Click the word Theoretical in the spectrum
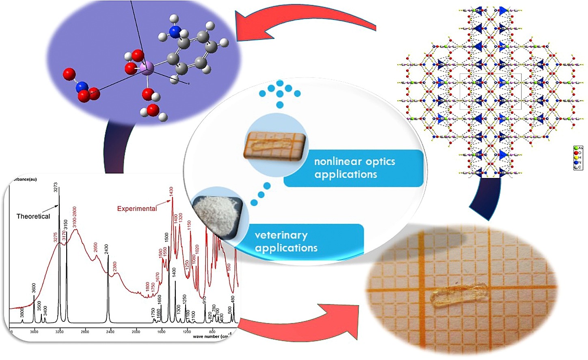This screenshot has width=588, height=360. pyautogui.click(x=33, y=217)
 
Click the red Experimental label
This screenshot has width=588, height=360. pyautogui.click(x=137, y=209)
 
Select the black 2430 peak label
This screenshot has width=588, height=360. pyautogui.click(x=106, y=249)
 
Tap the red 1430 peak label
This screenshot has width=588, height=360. pyautogui.click(x=171, y=192)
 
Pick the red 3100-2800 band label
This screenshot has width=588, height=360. pyautogui.click(x=75, y=217)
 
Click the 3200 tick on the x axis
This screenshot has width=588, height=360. pyautogui.click(x=59, y=332)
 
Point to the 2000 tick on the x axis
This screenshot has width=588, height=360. pyautogui.click(x=136, y=332)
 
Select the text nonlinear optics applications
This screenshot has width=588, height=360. pyautogui.click(x=354, y=168)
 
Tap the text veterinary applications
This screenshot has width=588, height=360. pyautogui.click(x=286, y=241)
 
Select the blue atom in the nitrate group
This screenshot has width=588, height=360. pyautogui.click(x=82, y=87)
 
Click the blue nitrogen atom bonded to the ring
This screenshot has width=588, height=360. pyautogui.click(x=175, y=32)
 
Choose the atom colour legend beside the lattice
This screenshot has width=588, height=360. pyautogui.click(x=578, y=158)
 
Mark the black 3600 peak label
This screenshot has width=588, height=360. pyautogui.click(x=34, y=288)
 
